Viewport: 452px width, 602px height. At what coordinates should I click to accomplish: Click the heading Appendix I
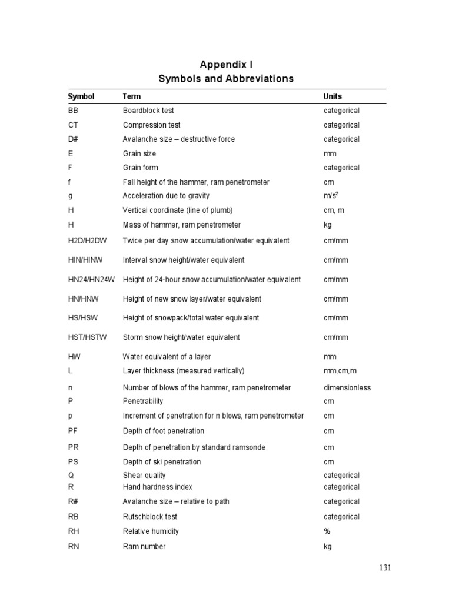tap(226, 64)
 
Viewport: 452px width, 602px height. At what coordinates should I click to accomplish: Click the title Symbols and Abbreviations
tap(226, 79)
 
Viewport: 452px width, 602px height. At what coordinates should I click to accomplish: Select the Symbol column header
tap(81, 96)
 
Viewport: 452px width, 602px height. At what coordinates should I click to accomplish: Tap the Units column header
tap(333, 96)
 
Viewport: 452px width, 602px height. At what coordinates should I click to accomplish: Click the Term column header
tap(132, 96)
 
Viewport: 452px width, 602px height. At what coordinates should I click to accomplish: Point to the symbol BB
tap(73, 111)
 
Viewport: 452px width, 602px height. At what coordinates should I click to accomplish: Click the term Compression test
tap(151, 125)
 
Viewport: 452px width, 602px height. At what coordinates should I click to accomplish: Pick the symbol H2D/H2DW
tap(88, 240)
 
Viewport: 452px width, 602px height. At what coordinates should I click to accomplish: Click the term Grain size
tap(139, 153)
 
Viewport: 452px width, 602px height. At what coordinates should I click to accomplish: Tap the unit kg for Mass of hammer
tap(328, 225)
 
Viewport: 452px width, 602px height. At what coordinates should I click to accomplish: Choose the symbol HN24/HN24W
tap(92, 280)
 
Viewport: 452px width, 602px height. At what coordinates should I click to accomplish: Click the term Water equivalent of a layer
tap(167, 357)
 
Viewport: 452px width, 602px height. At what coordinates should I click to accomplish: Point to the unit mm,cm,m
tap(340, 371)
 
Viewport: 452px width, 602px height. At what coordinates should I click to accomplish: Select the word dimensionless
tap(347, 388)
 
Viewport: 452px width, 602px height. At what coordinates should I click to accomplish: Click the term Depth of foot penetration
tap(164, 431)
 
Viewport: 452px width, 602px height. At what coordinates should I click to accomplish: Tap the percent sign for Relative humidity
tap(327, 531)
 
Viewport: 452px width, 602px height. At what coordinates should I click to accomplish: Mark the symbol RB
tap(73, 517)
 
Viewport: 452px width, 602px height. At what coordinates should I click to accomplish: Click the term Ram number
tap(144, 546)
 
